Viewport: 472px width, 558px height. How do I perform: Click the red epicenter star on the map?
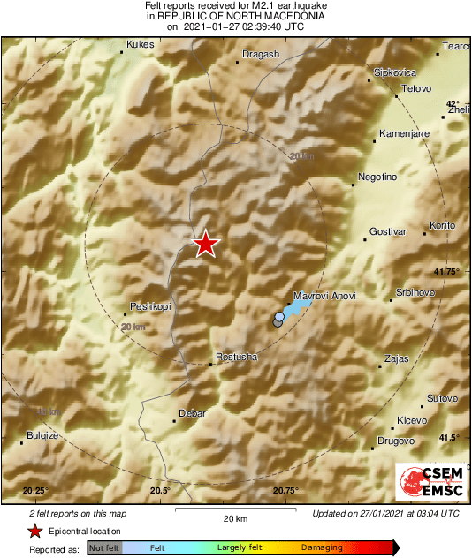[206, 244]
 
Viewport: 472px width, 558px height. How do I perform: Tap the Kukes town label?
[141, 44]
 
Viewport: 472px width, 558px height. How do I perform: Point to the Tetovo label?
[415, 89]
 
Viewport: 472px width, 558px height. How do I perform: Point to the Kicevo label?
[412, 419]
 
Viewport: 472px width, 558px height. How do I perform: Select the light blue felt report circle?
[280, 316]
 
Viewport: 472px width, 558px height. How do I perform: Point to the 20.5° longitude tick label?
[160, 491]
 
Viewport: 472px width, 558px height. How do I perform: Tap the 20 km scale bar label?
[234, 517]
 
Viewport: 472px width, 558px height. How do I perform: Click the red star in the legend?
[34, 531]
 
